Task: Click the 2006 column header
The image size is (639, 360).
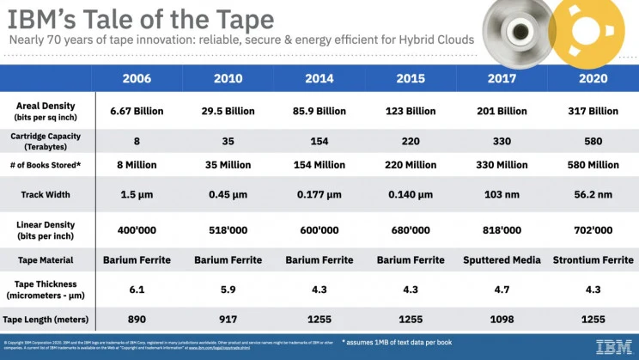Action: coord(137,78)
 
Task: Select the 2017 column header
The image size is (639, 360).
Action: coord(501,78)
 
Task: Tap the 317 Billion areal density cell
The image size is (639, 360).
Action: coord(593,111)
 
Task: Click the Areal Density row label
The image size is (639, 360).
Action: coord(45,111)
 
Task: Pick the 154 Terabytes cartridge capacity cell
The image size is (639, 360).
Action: coord(319,140)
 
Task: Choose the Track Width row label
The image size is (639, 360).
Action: coord(45,194)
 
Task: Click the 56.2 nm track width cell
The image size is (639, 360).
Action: coord(593,194)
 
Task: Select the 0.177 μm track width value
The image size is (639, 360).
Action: coord(319,194)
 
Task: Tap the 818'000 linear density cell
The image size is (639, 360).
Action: coord(501,229)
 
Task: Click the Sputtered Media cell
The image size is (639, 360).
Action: coord(501,259)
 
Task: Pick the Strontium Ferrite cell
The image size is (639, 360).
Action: coord(593,259)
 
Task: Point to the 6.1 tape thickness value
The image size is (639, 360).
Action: coord(137,290)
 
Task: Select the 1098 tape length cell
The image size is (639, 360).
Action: coord(501,319)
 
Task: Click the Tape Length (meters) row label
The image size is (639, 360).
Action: coord(45,319)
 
